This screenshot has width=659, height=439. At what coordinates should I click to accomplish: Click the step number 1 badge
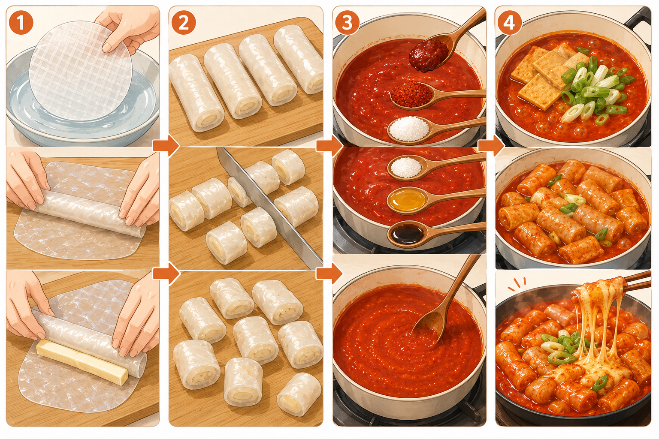pos(21,23)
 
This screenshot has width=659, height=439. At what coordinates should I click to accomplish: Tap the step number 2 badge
pos(183,23)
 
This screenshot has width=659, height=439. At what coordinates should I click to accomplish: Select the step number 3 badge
pos(347,23)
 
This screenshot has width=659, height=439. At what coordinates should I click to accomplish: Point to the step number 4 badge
pos(509,23)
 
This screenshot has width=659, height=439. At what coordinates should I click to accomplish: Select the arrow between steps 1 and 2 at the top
pos(166,145)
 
